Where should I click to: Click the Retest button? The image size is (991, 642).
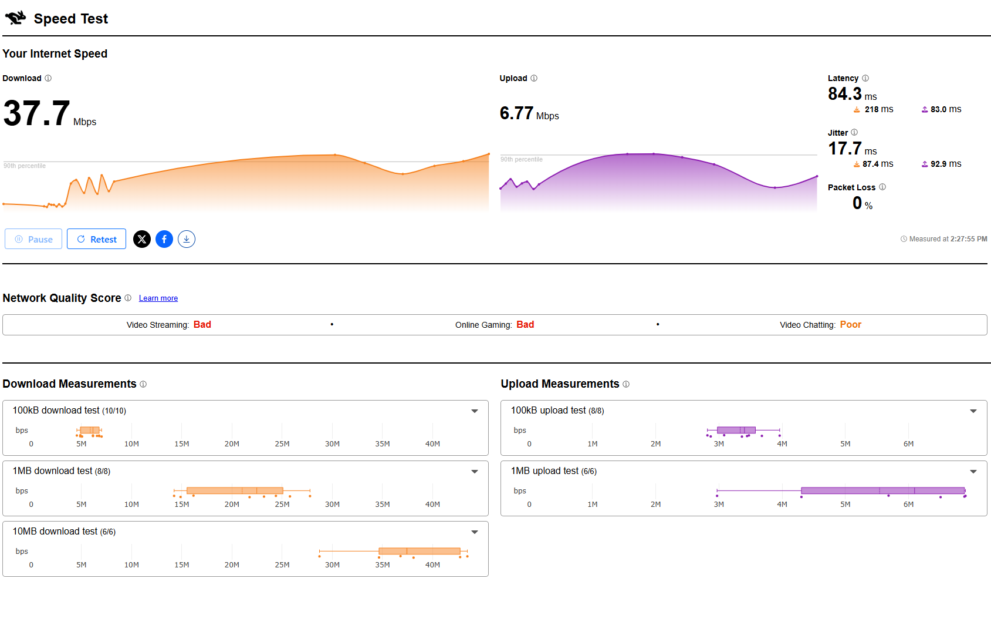tap(96, 239)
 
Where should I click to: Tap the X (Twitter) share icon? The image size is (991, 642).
tap(142, 239)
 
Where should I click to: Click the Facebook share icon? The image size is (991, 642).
tap(164, 239)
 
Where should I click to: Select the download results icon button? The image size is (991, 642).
tap(187, 239)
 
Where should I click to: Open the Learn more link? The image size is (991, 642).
tap(158, 298)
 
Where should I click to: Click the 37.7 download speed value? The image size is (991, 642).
tap(37, 113)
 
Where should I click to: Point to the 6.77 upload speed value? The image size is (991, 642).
tap(516, 113)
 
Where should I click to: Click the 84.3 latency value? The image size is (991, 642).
tap(844, 94)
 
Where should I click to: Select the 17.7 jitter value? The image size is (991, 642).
tap(844, 149)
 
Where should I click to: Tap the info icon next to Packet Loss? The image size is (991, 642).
tap(882, 187)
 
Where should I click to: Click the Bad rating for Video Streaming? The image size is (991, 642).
tap(202, 325)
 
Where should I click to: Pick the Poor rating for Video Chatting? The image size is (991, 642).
tap(850, 325)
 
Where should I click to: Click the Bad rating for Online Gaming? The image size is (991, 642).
tap(525, 325)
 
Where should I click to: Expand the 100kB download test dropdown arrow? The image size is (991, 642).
tap(475, 411)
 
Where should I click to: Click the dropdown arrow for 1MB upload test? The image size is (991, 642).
tap(973, 472)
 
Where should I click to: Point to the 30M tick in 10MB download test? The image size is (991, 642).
tap(332, 565)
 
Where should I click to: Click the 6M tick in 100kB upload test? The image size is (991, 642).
tap(908, 444)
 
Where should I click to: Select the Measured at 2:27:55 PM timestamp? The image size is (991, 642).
tap(944, 239)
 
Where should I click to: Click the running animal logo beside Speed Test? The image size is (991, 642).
tap(16, 18)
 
